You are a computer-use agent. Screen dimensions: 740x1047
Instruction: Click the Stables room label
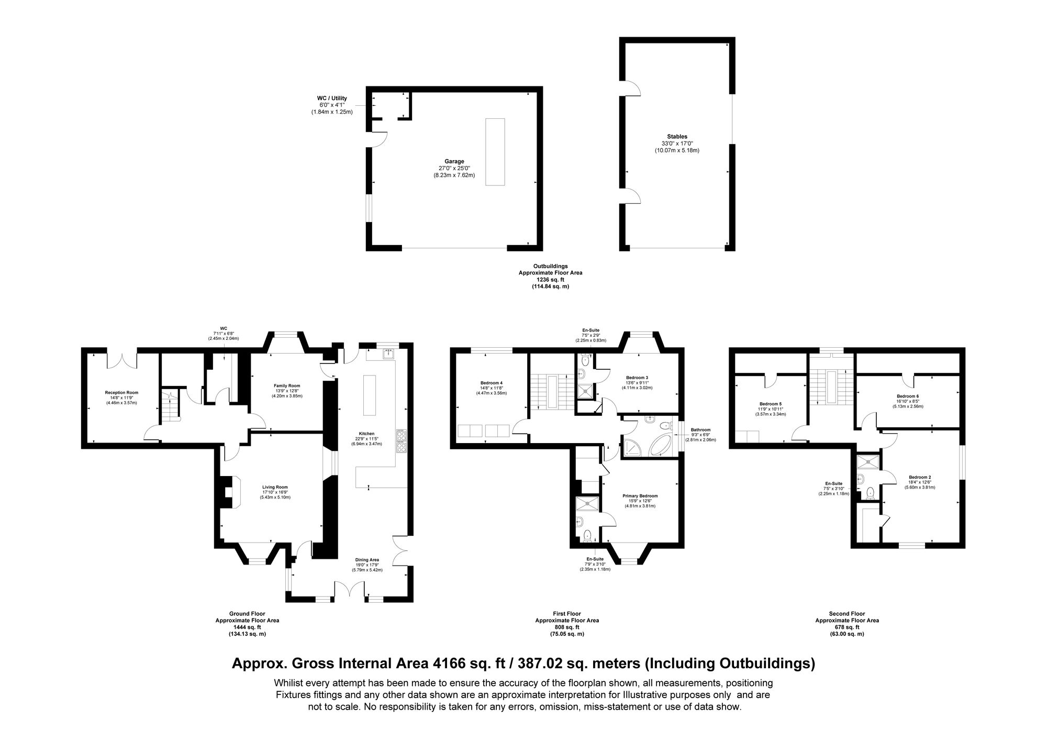pos(677,137)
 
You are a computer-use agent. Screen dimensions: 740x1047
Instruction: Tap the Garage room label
pos(454,161)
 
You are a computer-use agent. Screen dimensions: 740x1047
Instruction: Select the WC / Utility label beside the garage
pos(332,98)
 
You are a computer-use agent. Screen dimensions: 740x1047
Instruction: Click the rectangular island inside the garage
pos(495,152)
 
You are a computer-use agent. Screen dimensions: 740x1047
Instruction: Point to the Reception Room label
pos(121,392)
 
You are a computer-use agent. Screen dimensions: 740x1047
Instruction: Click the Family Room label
pos(287,385)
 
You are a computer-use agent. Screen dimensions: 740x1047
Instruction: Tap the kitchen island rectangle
pos(370,394)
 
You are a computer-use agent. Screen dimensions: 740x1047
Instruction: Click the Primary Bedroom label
pos(640,495)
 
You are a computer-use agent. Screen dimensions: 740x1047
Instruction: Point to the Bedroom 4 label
pos(491,382)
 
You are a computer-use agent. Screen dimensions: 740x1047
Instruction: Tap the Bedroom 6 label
pos(907,396)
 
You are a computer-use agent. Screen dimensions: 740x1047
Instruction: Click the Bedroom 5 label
pos(770,404)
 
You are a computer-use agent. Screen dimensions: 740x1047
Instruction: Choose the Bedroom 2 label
pos(919,477)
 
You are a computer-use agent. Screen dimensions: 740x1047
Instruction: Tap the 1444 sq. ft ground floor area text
pos(247,627)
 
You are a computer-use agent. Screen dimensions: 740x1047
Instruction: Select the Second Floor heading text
pos(846,614)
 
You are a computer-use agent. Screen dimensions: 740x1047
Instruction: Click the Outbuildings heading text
pos(550,266)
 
